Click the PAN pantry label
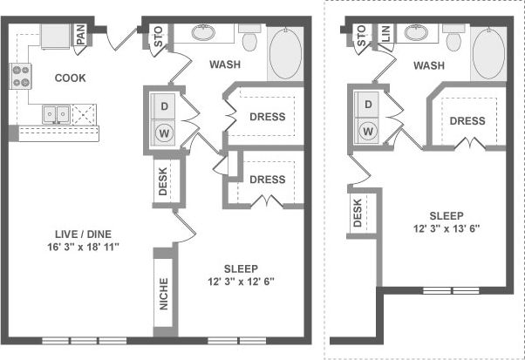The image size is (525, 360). point(79,35)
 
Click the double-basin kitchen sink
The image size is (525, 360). point(58,113)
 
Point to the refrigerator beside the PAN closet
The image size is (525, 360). point(53,37)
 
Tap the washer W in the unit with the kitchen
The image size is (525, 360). point(162,133)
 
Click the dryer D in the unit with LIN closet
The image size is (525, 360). point(367,105)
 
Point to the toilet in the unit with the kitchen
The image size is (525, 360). point(249,39)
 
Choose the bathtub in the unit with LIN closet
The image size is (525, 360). point(488,53)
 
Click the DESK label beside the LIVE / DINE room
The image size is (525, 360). point(162,180)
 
